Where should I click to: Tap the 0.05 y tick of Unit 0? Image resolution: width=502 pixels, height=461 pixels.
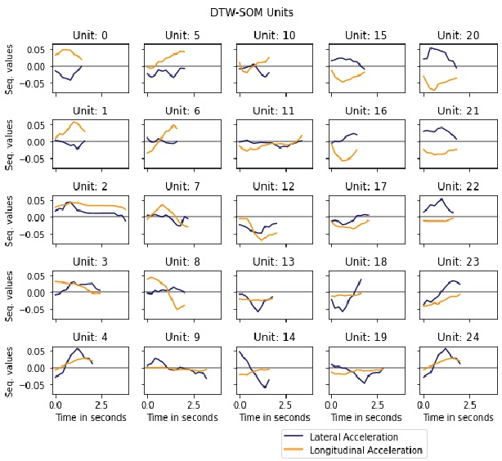pos(36,49)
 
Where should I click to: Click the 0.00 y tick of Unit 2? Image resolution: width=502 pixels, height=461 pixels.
pos(36,217)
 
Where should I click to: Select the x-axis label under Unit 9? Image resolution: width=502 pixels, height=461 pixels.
pos(182,418)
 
